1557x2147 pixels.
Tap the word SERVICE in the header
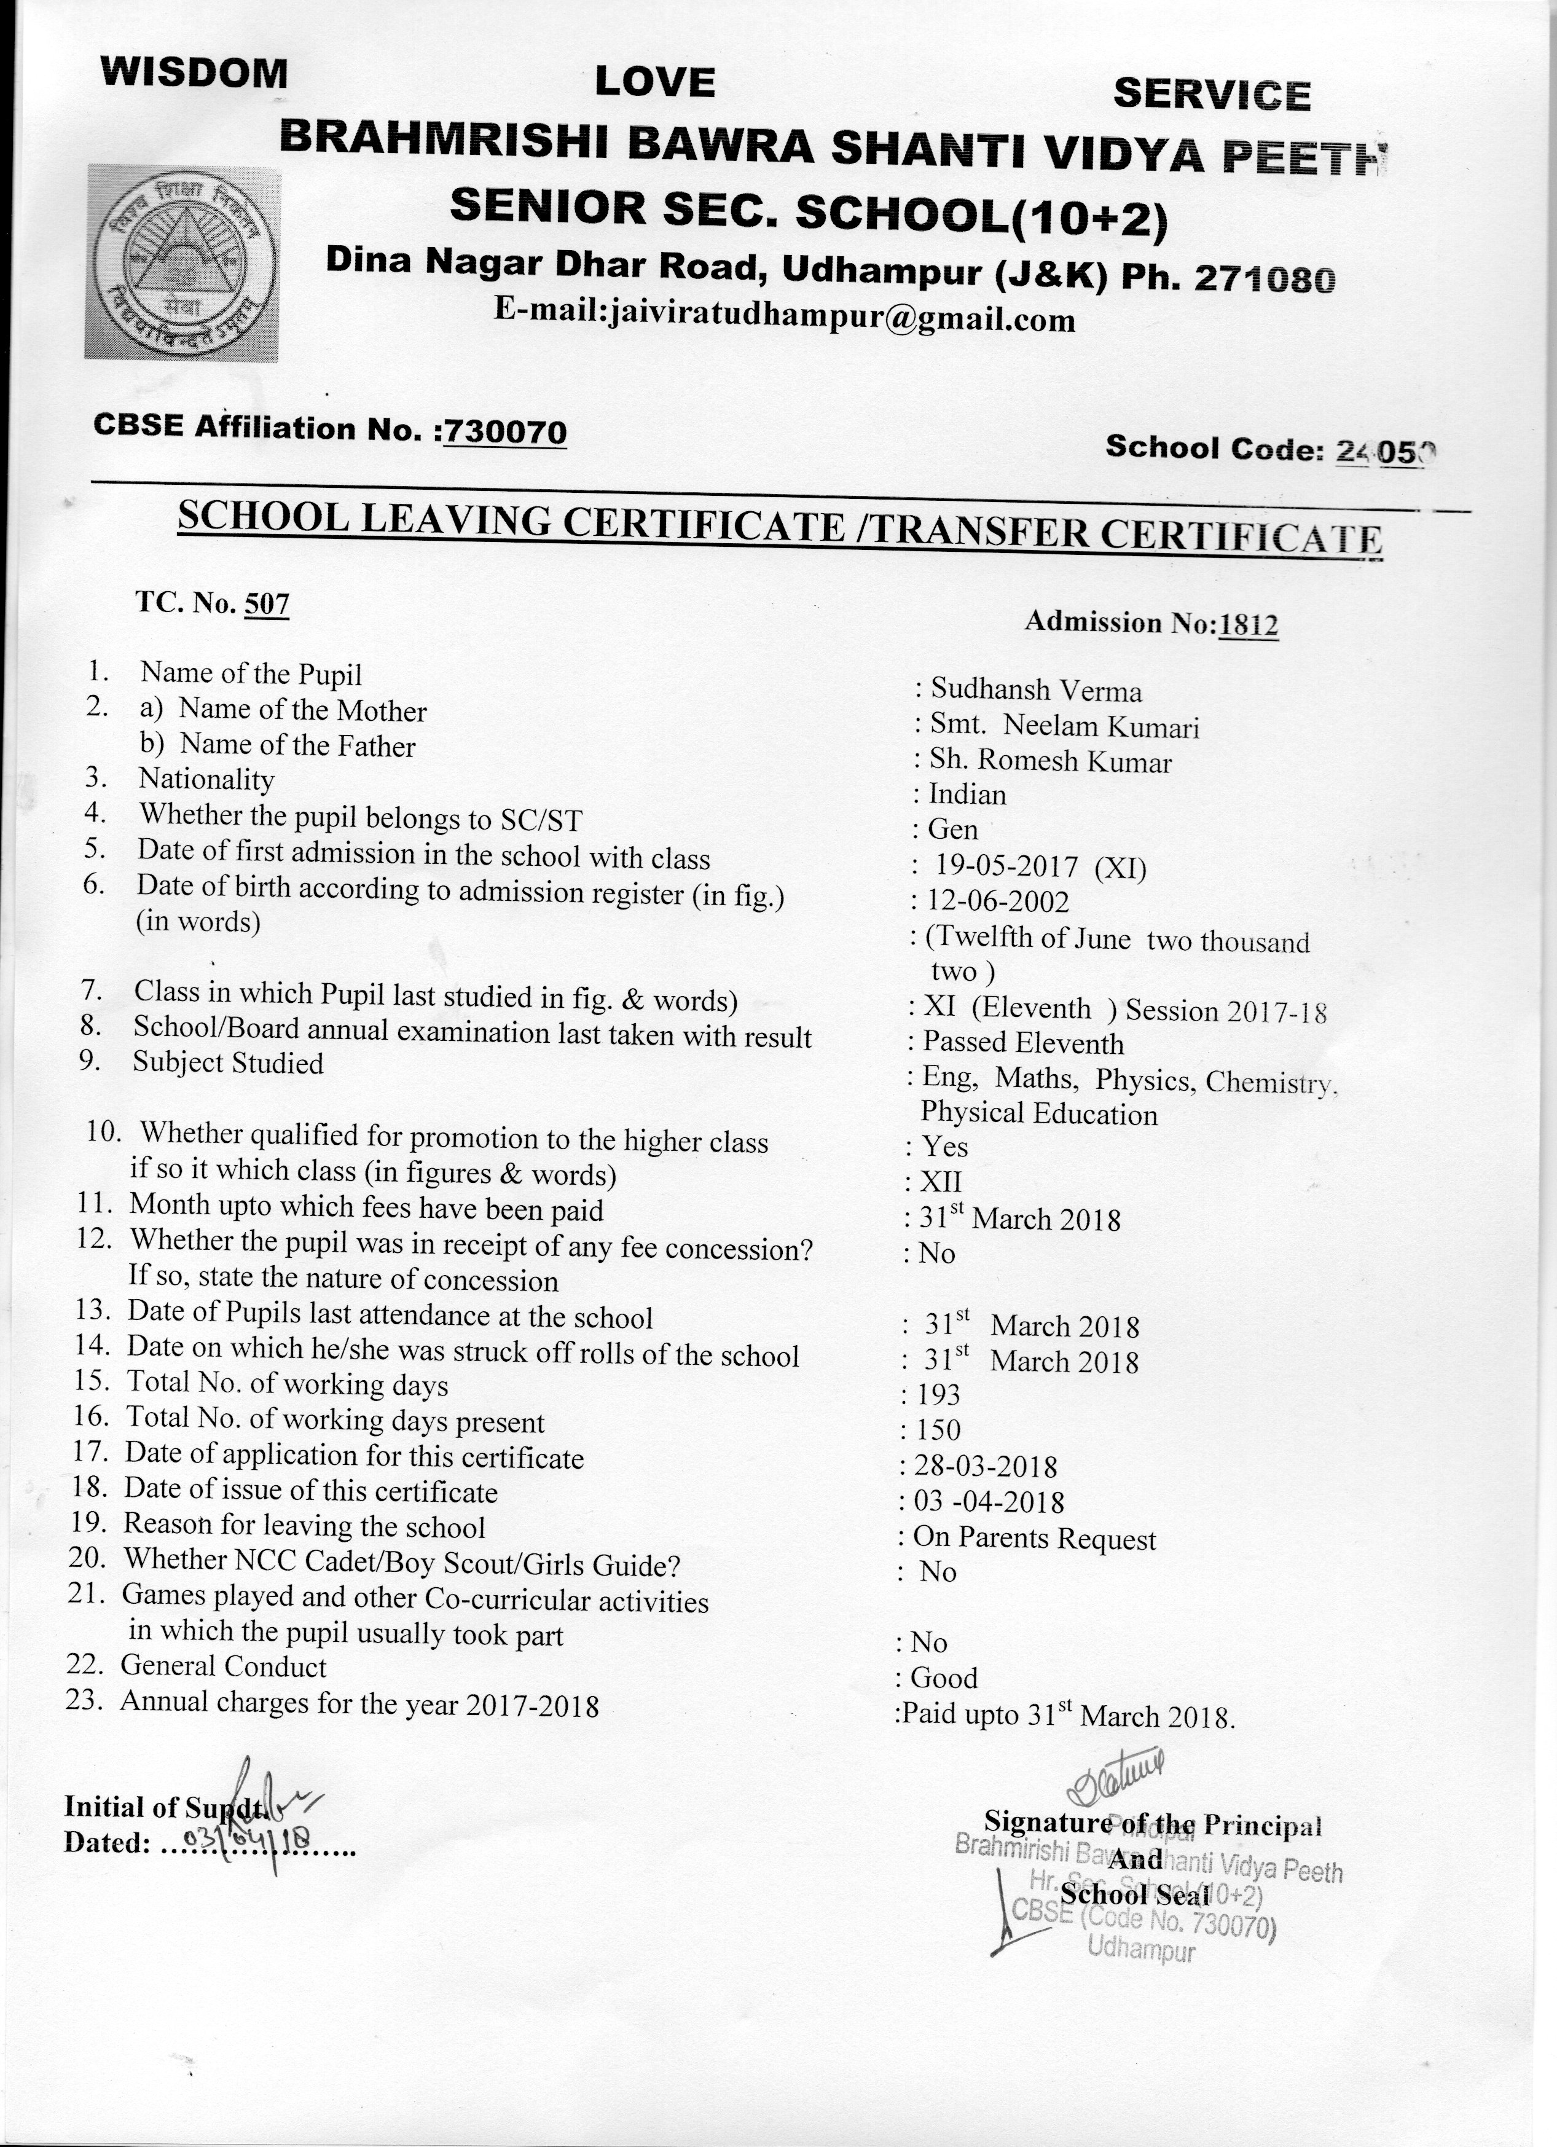[1212, 95]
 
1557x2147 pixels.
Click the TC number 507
[266, 604]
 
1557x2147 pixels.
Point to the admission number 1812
[1249, 625]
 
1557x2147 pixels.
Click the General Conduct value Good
[944, 1678]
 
